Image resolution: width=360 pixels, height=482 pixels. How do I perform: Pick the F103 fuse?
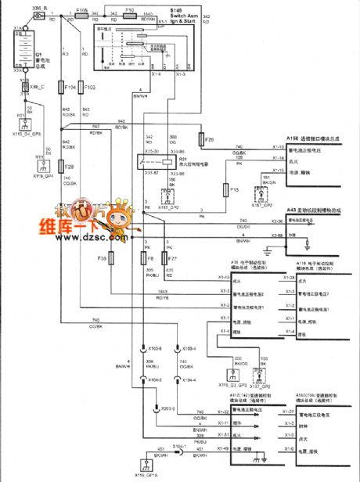point(83,88)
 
